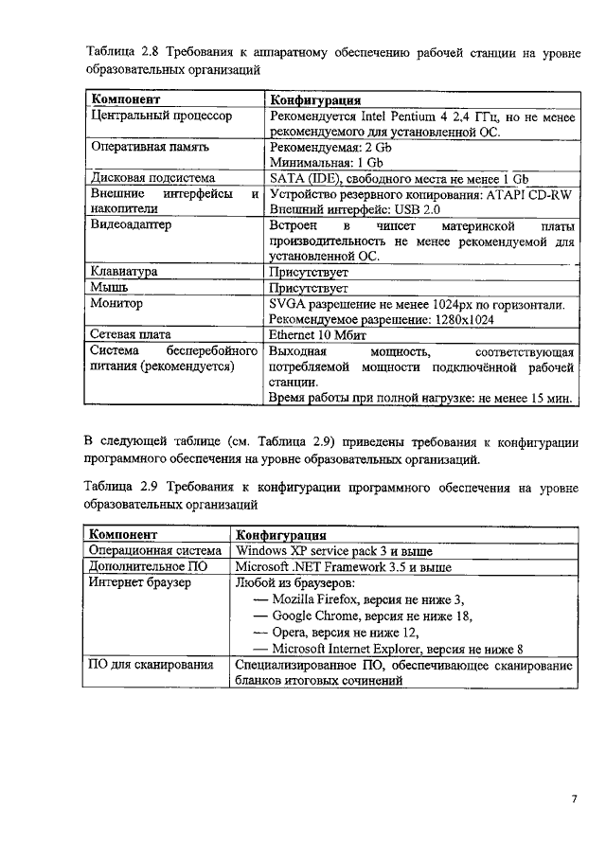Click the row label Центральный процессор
[160, 116]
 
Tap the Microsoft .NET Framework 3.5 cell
[343, 566]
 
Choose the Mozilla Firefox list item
[367, 599]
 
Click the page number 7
[574, 798]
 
